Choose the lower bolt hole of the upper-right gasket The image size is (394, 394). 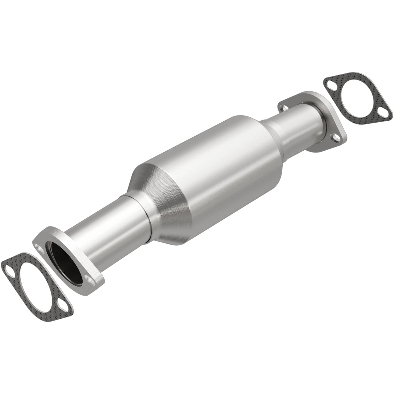pyautogui.click(x=384, y=114)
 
